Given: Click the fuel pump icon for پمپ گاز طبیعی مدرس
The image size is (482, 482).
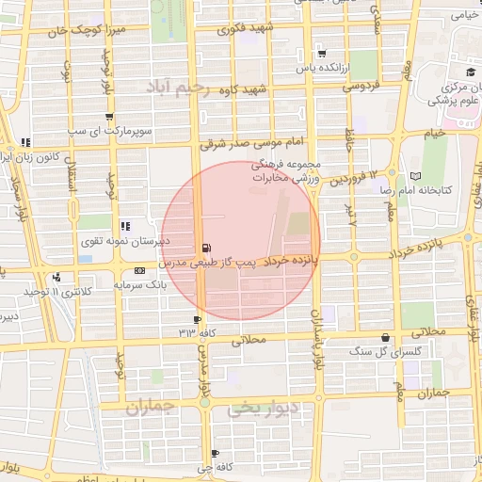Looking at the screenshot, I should click(x=205, y=249).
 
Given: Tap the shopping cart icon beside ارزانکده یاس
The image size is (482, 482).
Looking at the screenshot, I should click(x=323, y=53).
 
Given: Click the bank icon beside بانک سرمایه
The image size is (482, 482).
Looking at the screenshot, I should click(x=140, y=271).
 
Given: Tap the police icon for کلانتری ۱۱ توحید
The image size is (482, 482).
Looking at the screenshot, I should click(x=58, y=278).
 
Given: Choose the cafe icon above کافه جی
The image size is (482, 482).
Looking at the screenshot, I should click(x=216, y=453).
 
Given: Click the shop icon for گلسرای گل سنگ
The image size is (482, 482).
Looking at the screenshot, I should click(x=384, y=338).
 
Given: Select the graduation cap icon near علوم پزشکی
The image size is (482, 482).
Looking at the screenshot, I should click(x=469, y=72).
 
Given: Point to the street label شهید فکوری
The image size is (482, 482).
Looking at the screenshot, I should click(x=244, y=28).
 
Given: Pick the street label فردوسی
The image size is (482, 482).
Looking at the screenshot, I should click(x=360, y=86).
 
